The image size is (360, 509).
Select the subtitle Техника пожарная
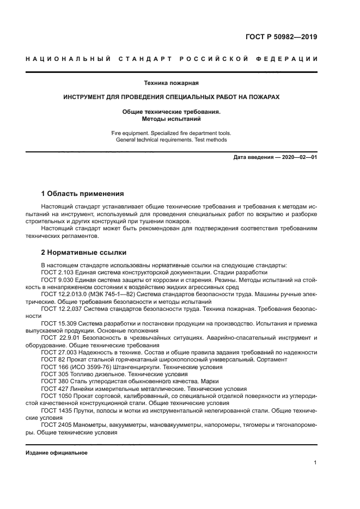171,83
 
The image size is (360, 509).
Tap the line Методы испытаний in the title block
171,118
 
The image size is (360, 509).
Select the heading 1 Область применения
83,193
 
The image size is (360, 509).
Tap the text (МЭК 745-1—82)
104,294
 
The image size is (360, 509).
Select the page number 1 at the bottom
315,463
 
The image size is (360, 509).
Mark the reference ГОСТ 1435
57,412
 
